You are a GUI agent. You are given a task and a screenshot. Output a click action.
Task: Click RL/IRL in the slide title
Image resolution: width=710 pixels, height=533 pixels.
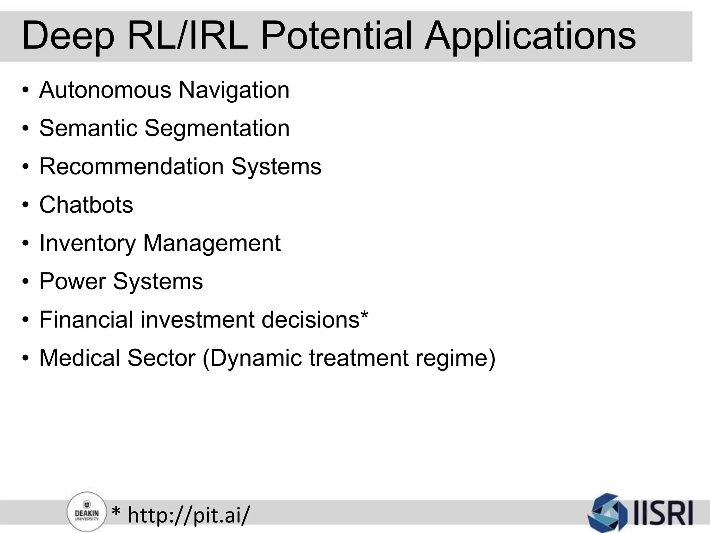(188, 35)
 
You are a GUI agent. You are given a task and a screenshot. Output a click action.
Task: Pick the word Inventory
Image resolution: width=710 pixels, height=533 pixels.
(87, 243)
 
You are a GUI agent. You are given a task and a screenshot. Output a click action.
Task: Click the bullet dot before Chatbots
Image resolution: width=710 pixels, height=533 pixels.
(25, 205)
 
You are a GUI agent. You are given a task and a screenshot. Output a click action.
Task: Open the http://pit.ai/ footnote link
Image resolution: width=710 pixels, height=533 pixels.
(188, 515)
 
